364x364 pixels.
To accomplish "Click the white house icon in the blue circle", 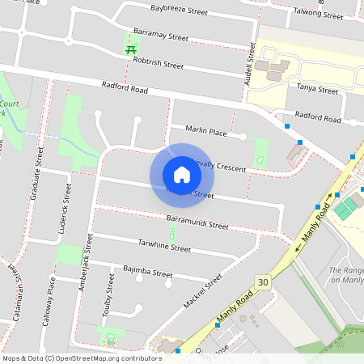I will [x=182, y=175].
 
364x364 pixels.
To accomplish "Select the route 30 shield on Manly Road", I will [x=262, y=281].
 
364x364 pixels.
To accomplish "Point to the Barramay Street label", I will [x=161, y=37].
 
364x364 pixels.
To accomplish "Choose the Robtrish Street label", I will [x=159, y=62].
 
